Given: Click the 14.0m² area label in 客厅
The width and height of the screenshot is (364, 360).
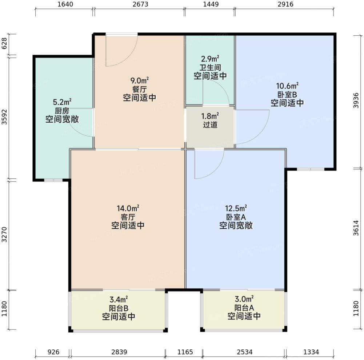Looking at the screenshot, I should pos(128,209).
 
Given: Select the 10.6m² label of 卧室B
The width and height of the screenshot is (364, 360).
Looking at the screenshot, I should pos(287,86).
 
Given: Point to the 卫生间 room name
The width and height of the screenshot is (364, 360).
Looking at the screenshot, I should pos(210,68).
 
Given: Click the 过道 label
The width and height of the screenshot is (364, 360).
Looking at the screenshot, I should pos(210,125).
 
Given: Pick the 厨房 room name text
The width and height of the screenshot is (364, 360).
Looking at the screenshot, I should pos(62,111).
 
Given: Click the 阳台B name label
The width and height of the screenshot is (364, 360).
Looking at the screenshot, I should pos(119,308).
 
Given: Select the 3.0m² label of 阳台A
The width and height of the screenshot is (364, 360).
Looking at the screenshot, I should pos(244,299).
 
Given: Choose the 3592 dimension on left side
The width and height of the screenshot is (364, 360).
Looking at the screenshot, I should pos(4,117).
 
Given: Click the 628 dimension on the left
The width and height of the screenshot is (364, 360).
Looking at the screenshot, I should pos(4,45).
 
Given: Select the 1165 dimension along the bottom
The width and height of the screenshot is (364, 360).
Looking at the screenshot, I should pos(184,352).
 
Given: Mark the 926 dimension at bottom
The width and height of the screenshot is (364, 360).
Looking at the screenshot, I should pos(53,352).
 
